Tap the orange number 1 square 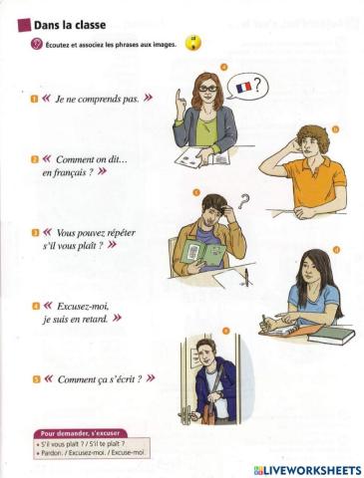(34, 100)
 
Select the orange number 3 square (34, 231)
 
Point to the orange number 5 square (34, 378)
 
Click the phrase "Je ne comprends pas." (97, 100)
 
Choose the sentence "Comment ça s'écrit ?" (99, 378)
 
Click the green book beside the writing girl (330, 334)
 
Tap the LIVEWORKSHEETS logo (307, 469)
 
